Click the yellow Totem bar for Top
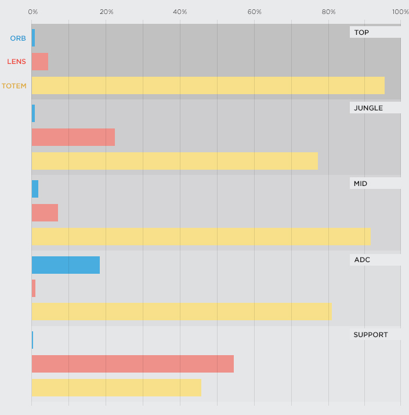point(208,85)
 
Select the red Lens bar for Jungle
point(73,137)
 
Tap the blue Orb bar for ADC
point(66,265)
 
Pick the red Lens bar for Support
point(132,364)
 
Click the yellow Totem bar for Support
point(116,388)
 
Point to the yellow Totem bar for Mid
point(201,236)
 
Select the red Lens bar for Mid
point(45,213)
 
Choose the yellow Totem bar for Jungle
point(175,161)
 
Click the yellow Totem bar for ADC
point(181,312)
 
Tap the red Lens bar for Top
point(40,62)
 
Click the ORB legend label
point(18,38)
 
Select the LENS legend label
point(17,62)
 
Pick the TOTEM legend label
point(14,86)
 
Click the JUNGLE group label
point(368,108)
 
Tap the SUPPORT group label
point(370,335)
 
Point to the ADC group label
point(362,259)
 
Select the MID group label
point(360,184)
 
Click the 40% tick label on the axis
point(180,12)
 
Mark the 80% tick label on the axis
point(328,12)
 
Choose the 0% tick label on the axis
point(33,12)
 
